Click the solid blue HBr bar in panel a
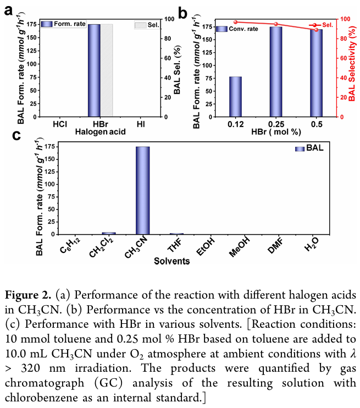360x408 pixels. click(x=94, y=70)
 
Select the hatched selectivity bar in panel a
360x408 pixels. click(x=107, y=70)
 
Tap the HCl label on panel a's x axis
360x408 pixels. click(x=60, y=124)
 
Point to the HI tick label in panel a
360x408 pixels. click(x=141, y=124)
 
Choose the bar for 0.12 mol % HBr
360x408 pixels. click(x=235, y=97)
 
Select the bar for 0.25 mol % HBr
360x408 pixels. click(x=275, y=71)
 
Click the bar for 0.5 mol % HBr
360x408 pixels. click(x=316, y=73)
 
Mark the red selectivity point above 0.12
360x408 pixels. click(x=235, y=22)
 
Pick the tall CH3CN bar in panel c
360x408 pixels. click(x=142, y=190)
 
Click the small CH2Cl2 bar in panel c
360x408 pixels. click(x=109, y=233)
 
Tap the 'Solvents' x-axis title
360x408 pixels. click(x=172, y=261)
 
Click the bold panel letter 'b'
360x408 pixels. click(x=184, y=10)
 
